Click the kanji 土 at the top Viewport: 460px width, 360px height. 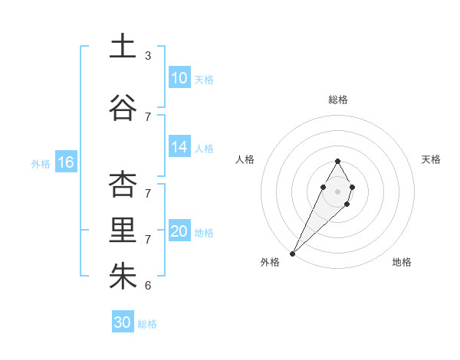pyautogui.click(x=123, y=47)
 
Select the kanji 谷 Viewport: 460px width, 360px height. pyautogui.click(x=123, y=107)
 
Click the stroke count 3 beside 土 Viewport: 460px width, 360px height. pyautogui.click(x=148, y=56)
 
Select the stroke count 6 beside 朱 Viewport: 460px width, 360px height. pyautogui.click(x=148, y=286)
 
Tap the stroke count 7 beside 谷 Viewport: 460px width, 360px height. pyautogui.click(x=148, y=117)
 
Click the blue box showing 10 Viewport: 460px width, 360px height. pyautogui.click(x=179, y=78)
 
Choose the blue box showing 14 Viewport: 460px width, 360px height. pyautogui.click(x=179, y=147)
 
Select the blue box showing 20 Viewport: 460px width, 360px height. pyautogui.click(x=179, y=231)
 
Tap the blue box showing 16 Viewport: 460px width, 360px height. pyautogui.click(x=66, y=162)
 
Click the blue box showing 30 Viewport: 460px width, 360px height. pyautogui.click(x=123, y=322)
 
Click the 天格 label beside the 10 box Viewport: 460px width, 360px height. pyautogui.click(x=204, y=80)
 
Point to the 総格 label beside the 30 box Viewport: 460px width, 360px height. pyautogui.click(x=147, y=324)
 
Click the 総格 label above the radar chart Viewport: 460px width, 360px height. pyautogui.click(x=338, y=100)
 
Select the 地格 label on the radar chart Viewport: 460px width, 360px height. pyautogui.click(x=402, y=262)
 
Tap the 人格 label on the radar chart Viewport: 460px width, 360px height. pyautogui.click(x=245, y=159)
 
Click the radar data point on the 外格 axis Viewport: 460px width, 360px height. pyautogui.click(x=293, y=253)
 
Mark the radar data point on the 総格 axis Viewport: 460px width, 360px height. pyautogui.click(x=338, y=161)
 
